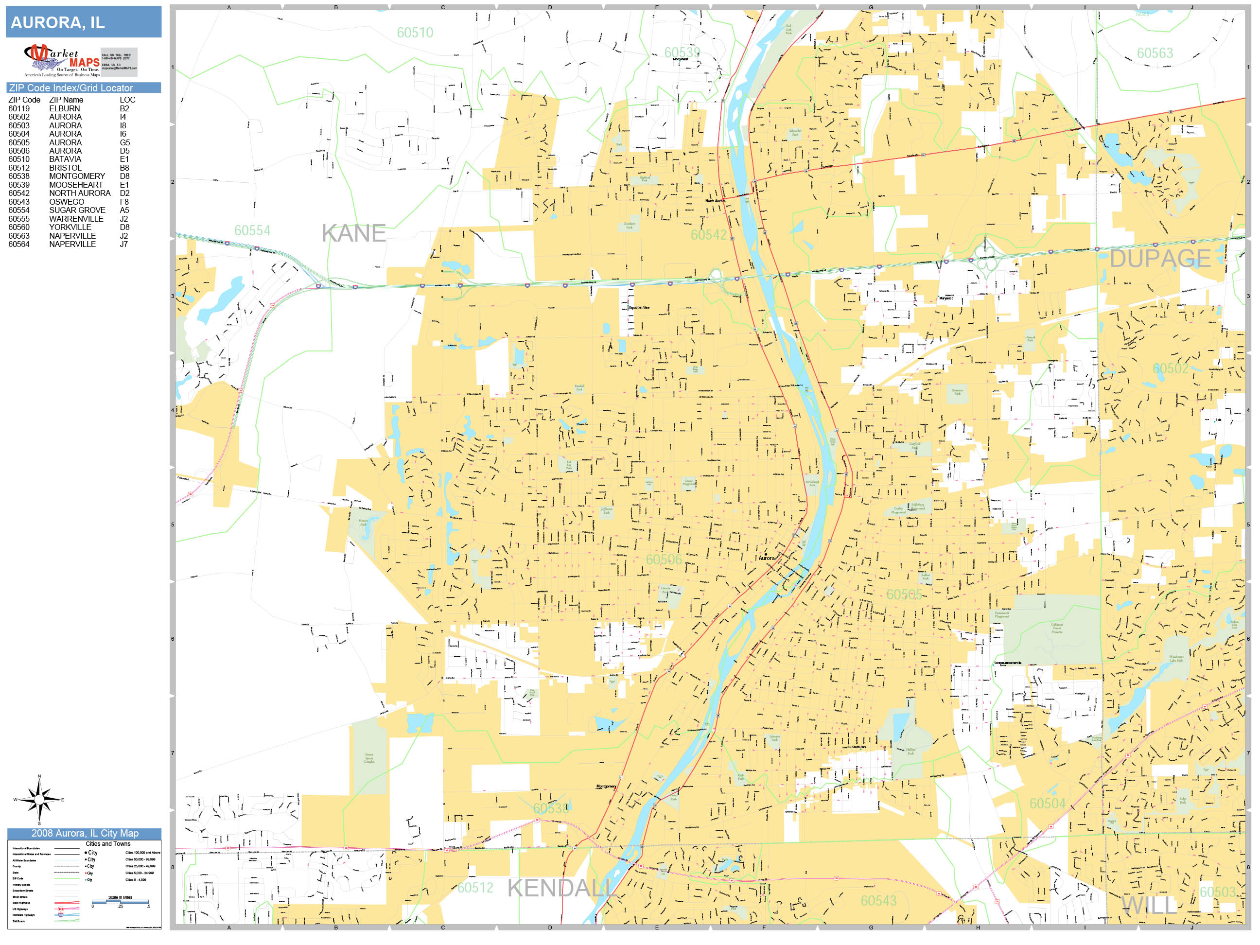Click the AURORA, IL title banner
83,22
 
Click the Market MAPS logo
62,60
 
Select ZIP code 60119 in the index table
19,108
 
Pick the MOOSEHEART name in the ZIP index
76,185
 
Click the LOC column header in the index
127,100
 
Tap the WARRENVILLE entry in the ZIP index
76,219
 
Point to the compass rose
39,799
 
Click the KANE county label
353,233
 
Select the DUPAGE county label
1160,259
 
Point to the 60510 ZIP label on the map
415,33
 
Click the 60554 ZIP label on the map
252,231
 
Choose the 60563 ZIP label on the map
1155,53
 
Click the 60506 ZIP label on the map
664,560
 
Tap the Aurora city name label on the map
766,558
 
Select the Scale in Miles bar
120,902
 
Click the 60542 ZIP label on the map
709,235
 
